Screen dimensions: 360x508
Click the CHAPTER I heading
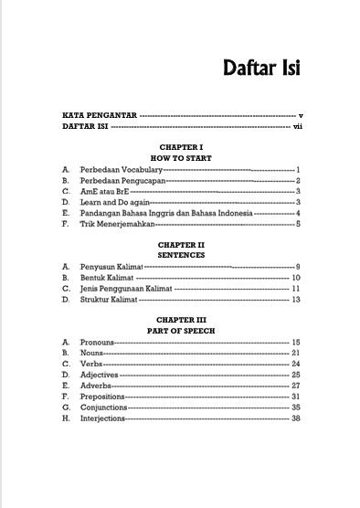click(x=180, y=146)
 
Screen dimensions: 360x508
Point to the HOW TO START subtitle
click(x=180, y=157)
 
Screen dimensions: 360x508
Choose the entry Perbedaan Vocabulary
click(x=121, y=171)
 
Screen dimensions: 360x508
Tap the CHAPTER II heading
click(x=180, y=245)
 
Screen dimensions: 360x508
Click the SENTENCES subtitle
click(x=180, y=256)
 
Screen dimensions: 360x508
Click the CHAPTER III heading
click(x=180, y=320)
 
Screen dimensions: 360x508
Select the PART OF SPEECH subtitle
click(x=180, y=330)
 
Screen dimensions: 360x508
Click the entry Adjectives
click(x=101, y=374)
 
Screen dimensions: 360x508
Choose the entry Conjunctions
click(x=106, y=407)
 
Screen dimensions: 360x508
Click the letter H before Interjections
click(x=66, y=418)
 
